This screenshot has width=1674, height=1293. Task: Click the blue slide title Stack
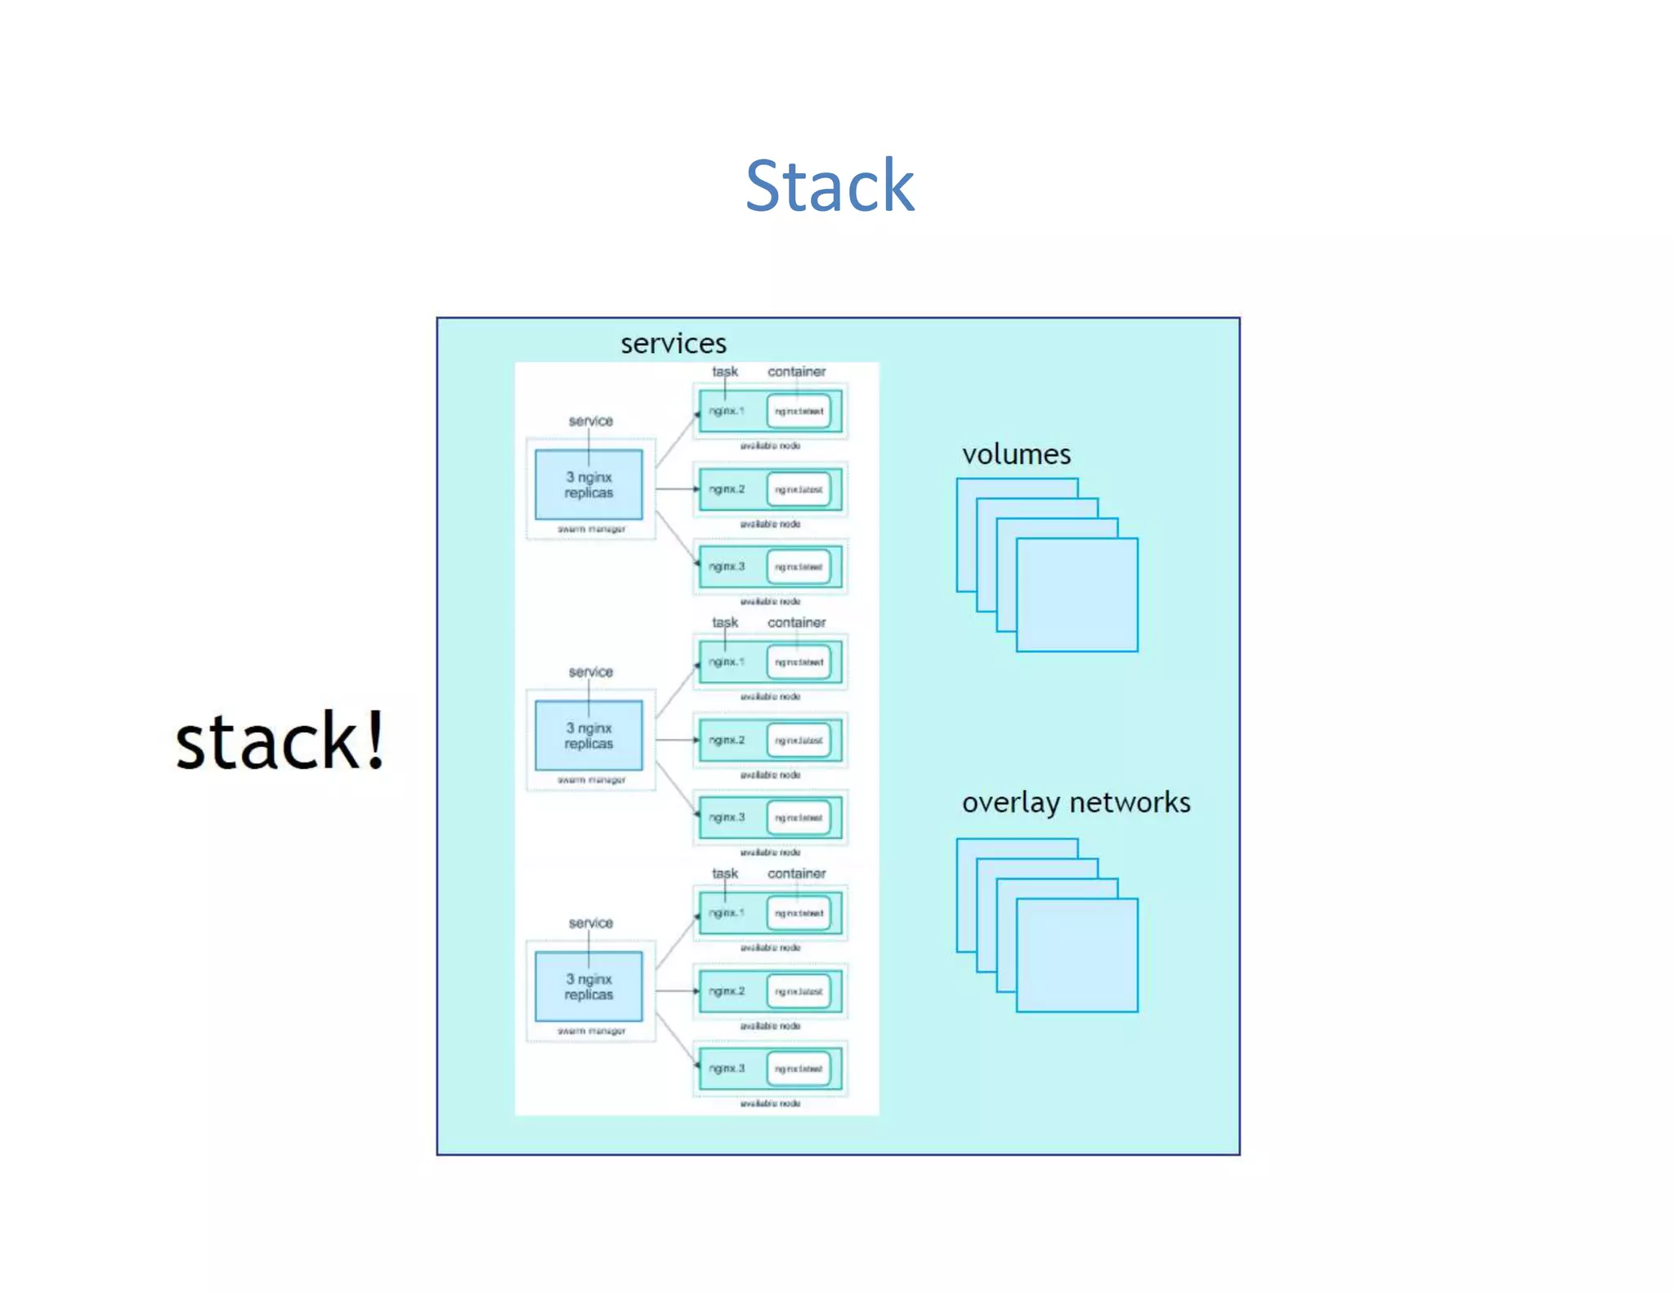tap(829, 186)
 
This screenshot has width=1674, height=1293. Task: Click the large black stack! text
tap(280, 740)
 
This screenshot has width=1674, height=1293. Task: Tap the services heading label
tap(673, 343)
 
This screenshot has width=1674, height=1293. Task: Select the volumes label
tap(1015, 454)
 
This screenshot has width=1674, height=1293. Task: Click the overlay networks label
tap(1075, 803)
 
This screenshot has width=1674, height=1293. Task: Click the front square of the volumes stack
tap(1076, 595)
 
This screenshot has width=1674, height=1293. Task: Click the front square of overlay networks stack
tap(1076, 955)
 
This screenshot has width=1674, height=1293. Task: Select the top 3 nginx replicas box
tap(589, 485)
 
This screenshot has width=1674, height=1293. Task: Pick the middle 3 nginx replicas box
tap(589, 736)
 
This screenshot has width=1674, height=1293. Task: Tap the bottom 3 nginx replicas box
tap(589, 987)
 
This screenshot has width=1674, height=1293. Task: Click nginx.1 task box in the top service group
tap(727, 411)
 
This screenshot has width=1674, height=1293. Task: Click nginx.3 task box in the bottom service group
tap(727, 1068)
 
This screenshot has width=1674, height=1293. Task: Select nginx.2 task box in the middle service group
tap(727, 740)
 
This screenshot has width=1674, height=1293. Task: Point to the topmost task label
tap(724, 372)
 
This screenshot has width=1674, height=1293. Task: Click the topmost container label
tap(796, 372)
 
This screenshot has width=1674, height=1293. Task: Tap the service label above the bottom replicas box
tap(590, 923)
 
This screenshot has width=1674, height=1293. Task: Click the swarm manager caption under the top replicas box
tap(591, 530)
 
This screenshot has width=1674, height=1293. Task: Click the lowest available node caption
tap(770, 1103)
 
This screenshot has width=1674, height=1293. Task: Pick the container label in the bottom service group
tap(796, 874)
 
